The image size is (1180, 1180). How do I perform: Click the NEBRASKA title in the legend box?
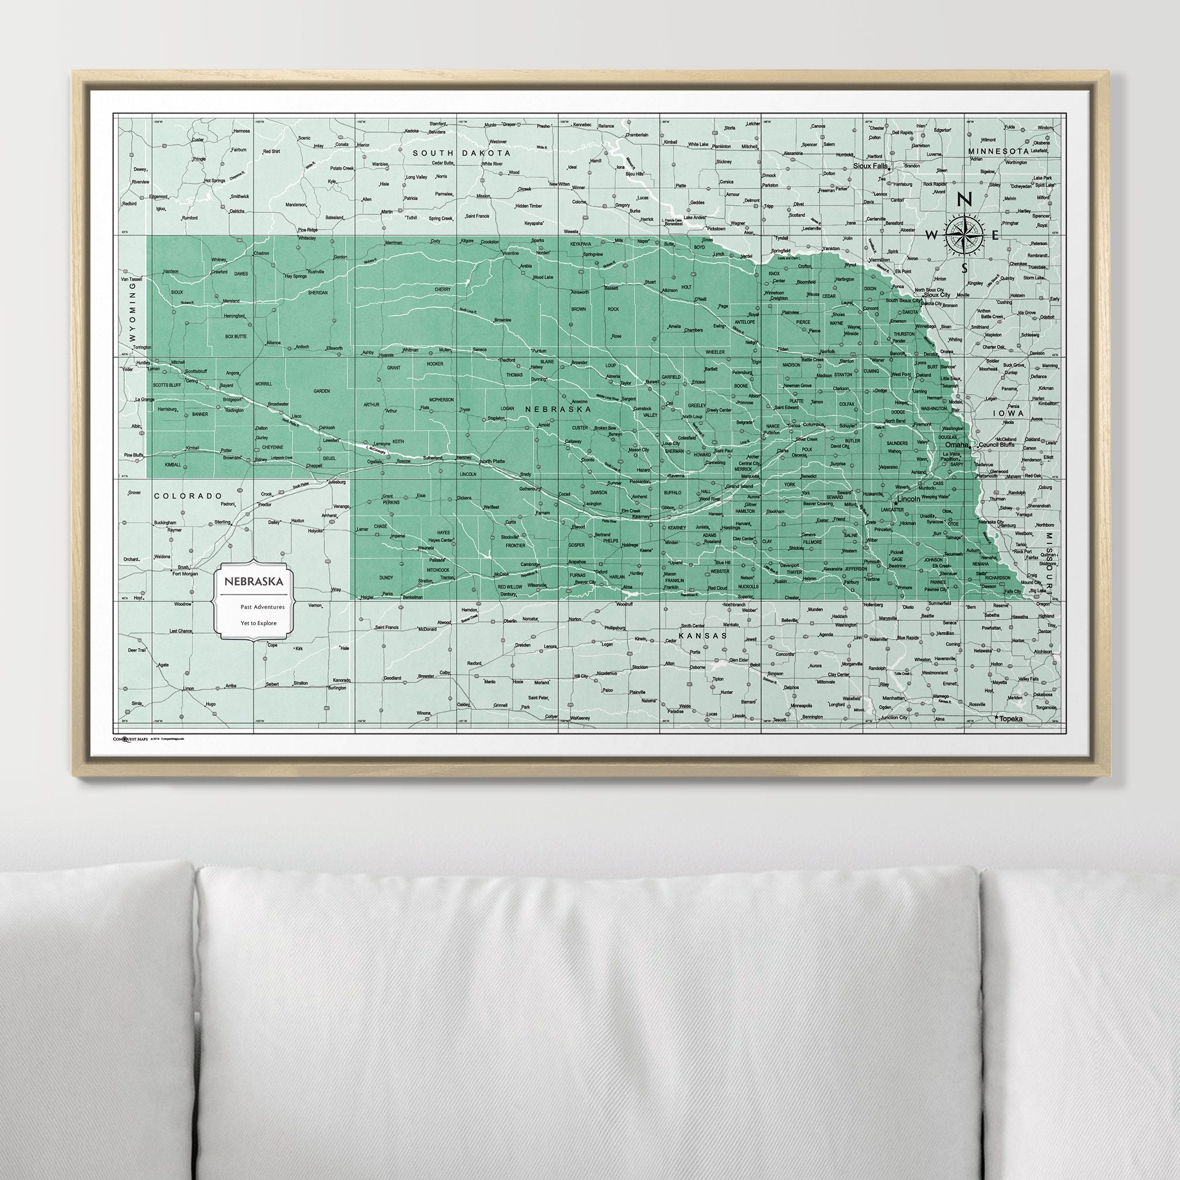[x=254, y=582]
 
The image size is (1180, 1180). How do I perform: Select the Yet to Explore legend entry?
[x=258, y=623]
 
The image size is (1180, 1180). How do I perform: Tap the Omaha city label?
[x=956, y=445]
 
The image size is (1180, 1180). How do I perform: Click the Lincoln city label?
[x=909, y=499]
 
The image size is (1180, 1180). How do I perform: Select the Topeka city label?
[x=1011, y=720]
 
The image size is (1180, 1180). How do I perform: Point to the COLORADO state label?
[x=186, y=497]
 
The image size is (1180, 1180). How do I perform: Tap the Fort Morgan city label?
[x=186, y=573]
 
